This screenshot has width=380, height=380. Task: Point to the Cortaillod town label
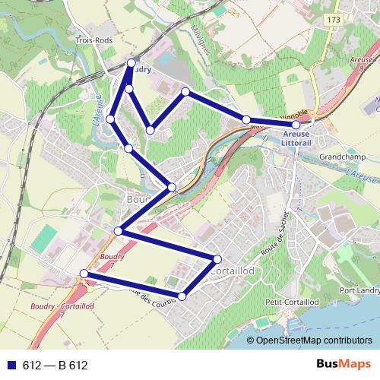pos(236,271)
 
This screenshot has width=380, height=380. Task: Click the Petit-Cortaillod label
pos(283,302)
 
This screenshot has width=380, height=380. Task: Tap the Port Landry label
pos(359,290)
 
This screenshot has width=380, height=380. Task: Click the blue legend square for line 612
pos(10,366)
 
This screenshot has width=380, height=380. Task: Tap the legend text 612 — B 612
pos(55,366)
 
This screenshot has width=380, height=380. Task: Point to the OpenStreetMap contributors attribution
pos(314,341)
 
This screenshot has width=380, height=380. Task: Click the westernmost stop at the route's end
pos(84,274)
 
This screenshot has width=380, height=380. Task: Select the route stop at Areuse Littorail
pos(296,124)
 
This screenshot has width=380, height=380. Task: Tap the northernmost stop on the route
pos(132,62)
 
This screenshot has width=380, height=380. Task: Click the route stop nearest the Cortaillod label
pos(217,259)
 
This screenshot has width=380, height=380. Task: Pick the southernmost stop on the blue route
pos(182,295)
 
